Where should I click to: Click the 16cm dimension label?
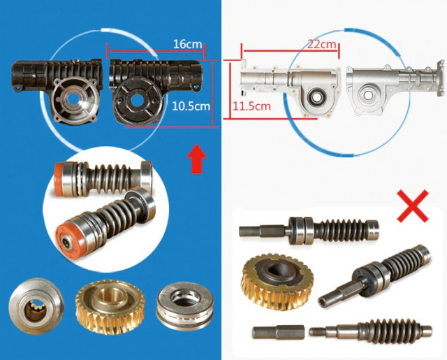pos(188,43)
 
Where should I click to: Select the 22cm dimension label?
pos(323,43)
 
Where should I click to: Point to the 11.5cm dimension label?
pos(249,106)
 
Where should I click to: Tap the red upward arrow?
pos(198,160)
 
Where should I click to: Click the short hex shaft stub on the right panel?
pos(275,330)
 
